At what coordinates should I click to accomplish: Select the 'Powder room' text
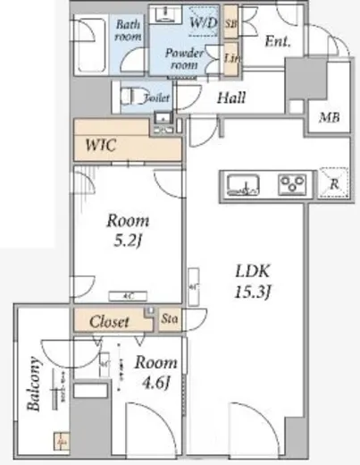[x=185, y=58]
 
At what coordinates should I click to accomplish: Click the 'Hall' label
[x=230, y=99]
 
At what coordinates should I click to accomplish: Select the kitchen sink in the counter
[x=243, y=185]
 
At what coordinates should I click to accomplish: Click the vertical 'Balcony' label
[x=34, y=383]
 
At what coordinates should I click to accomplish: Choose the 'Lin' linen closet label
[x=231, y=57]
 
